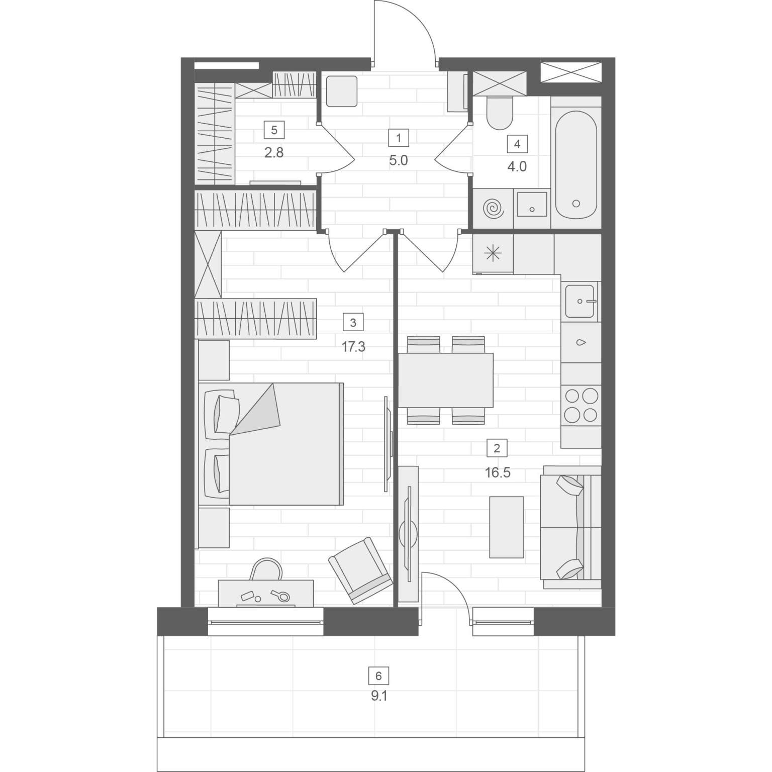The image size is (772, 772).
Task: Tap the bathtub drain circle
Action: [576, 204]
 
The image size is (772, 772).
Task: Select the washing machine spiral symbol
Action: [493, 209]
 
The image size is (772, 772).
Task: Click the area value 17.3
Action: [353, 347]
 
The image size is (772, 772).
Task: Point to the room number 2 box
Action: [497, 448]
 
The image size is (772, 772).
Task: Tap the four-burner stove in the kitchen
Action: [581, 405]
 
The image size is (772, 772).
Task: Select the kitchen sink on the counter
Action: [582, 302]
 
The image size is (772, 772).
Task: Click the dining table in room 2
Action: [446, 380]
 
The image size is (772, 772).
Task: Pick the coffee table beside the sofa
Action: [507, 527]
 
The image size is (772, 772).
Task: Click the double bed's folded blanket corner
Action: [256, 409]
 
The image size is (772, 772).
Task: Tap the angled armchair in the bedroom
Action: [361, 571]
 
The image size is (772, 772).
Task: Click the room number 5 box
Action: [274, 130]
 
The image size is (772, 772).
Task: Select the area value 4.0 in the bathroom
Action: [517, 166]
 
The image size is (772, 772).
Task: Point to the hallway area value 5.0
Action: [398, 161]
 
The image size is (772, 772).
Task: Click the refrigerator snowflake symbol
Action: [493, 254]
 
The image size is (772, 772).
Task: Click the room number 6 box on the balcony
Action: [378, 675]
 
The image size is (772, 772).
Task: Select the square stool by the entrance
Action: [342, 91]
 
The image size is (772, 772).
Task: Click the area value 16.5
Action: [498, 473]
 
